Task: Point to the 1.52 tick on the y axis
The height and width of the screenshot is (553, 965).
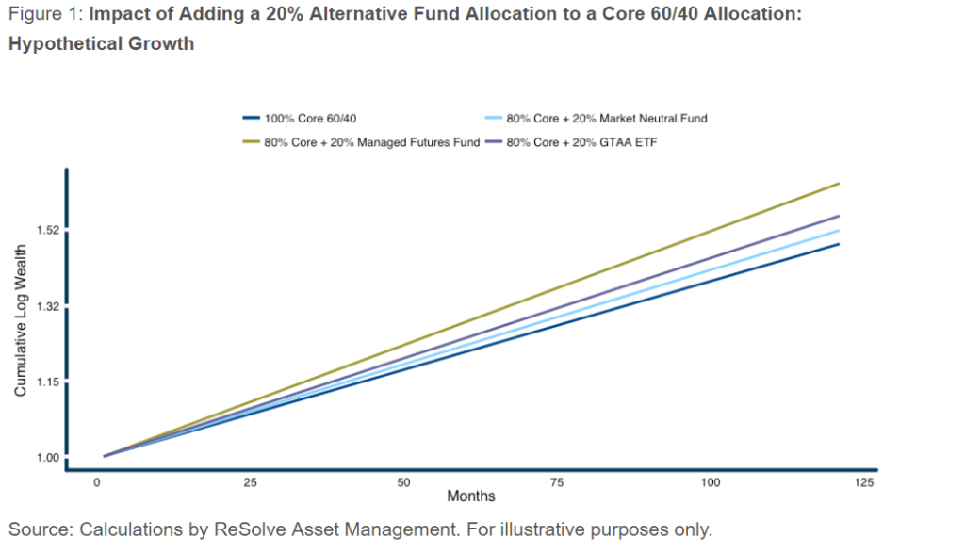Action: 44,231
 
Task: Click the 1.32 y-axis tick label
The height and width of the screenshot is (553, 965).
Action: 44,307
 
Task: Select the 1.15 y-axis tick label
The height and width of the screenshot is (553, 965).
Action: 44,382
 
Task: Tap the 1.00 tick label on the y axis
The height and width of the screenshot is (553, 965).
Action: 44,458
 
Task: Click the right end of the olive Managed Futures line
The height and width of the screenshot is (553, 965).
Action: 838,184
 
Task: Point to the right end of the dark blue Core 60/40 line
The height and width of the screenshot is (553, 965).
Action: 838,245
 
